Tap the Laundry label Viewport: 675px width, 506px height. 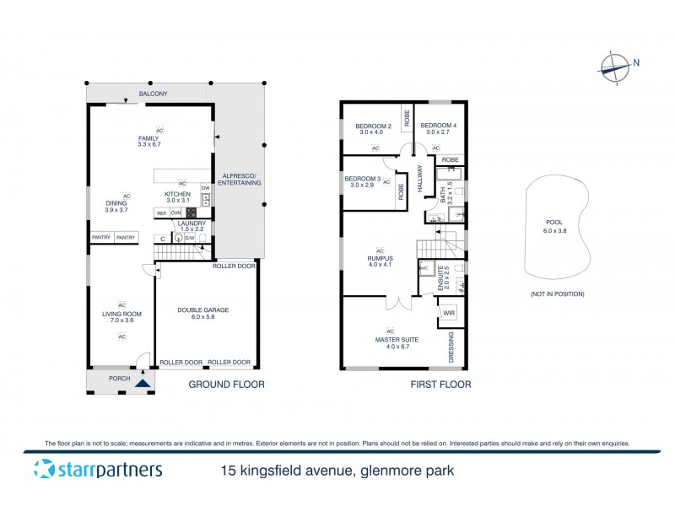tap(192, 226)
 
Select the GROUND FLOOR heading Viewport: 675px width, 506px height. tap(225, 385)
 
